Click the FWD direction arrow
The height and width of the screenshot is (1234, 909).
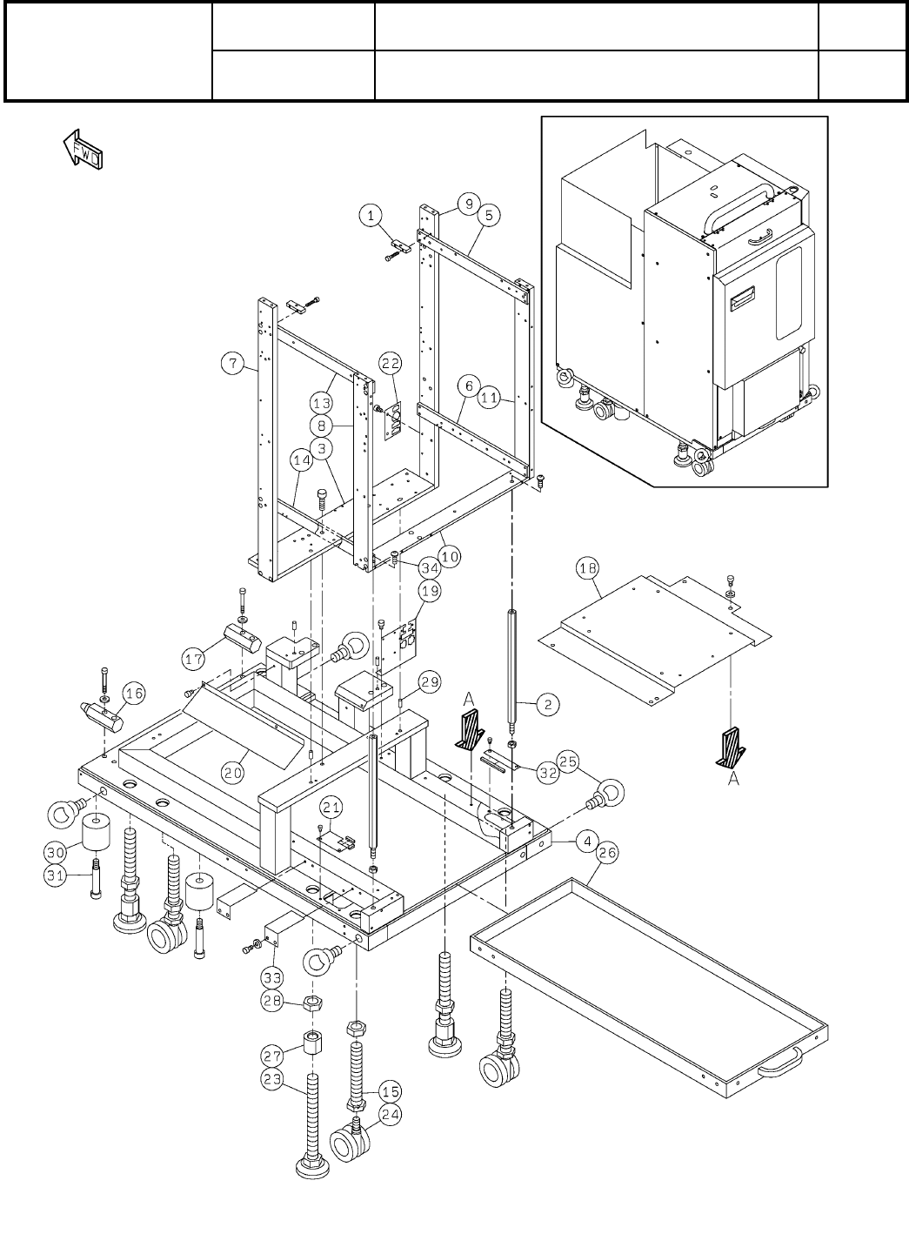83,149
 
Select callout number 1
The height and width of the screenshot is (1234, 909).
371,216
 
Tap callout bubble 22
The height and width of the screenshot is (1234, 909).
391,363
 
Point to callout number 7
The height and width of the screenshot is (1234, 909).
233,363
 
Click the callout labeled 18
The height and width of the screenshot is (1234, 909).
587,568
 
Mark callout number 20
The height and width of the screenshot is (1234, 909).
232,773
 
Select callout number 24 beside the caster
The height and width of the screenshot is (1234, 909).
391,1115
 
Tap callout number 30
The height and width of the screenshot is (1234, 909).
56,852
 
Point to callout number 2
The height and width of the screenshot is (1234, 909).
548,704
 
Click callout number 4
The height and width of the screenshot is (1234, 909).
588,842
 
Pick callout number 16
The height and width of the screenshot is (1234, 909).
134,694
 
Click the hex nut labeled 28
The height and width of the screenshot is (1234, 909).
312,1003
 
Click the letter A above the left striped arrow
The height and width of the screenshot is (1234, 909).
469,700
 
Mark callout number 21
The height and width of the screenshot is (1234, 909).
331,808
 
